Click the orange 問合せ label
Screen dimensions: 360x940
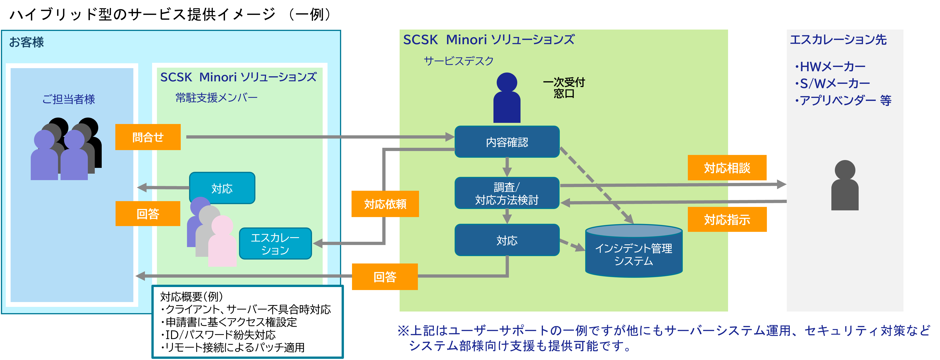point(148,137)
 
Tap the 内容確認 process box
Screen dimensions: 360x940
point(507,142)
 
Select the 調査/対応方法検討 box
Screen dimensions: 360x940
point(507,193)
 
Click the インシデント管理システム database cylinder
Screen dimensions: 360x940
point(634,252)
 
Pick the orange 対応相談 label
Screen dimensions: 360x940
point(727,168)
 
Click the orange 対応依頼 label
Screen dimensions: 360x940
point(385,204)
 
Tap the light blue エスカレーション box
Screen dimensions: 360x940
point(275,244)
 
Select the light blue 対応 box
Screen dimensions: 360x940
point(222,188)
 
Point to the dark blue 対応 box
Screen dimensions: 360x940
point(507,240)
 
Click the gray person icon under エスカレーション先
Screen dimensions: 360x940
point(845,185)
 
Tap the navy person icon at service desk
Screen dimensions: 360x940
point(507,98)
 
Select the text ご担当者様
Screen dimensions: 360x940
point(69,99)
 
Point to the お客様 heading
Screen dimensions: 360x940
point(26,42)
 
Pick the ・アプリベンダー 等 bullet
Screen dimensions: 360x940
point(843,100)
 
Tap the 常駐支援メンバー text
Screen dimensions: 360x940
point(216,98)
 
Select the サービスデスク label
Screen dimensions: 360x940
point(458,61)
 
